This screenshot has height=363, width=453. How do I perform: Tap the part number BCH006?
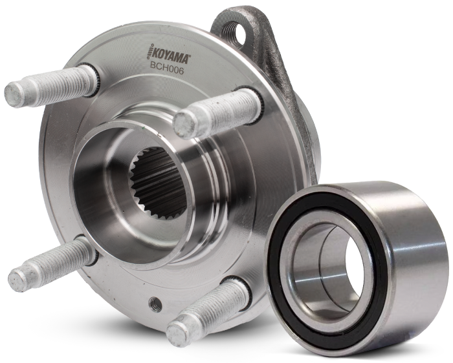click(x=166, y=70)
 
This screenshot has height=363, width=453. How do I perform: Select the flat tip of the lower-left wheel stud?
click(x=17, y=279)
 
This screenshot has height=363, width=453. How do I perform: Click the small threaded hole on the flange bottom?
click(x=155, y=303)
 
